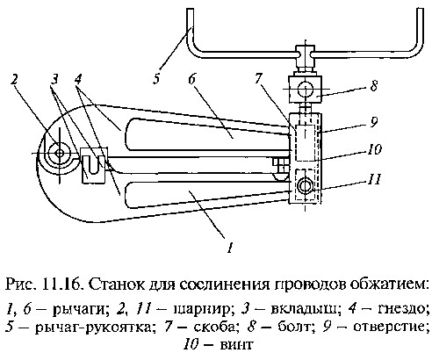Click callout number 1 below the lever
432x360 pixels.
231,248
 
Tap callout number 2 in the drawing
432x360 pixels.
15,80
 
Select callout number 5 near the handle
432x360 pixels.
156,79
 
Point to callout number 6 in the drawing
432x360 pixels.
192,79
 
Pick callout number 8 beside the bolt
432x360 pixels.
373,86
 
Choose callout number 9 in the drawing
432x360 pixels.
373,122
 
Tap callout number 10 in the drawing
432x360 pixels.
374,149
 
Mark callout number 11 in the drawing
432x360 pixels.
374,179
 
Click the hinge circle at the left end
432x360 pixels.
60,153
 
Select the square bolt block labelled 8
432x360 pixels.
306,90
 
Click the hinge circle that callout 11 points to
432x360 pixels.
305,186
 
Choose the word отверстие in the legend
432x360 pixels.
389,327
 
